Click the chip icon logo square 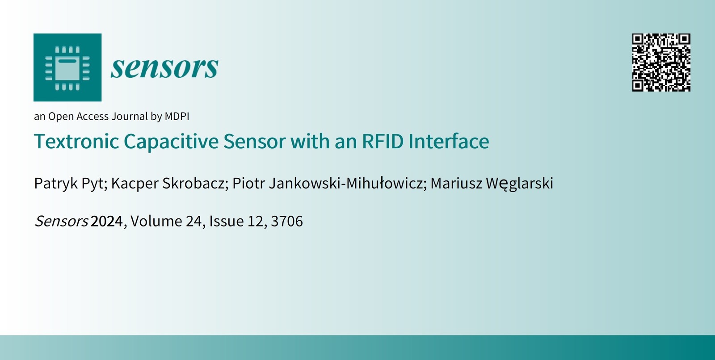(67, 67)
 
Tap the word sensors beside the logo (164, 67)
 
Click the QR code (661, 63)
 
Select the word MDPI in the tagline (177, 116)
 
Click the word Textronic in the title (76, 141)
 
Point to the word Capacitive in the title (171, 142)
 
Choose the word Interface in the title (449, 141)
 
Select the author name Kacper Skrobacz (168, 183)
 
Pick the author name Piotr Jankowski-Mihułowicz (328, 183)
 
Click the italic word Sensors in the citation (61, 221)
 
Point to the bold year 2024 (107, 221)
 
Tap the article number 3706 (286, 221)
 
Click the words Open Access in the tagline (79, 117)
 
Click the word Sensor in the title (254, 141)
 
